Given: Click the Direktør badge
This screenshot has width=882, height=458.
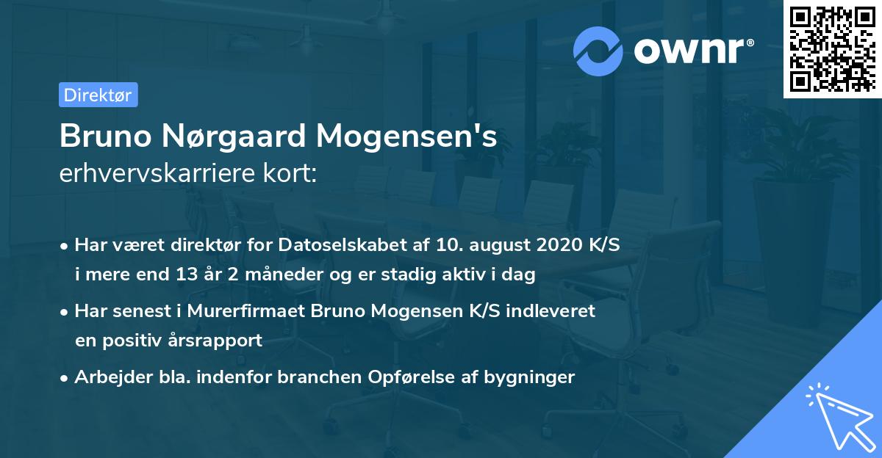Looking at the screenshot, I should [98, 95].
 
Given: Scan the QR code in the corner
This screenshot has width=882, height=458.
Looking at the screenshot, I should [831, 48].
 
